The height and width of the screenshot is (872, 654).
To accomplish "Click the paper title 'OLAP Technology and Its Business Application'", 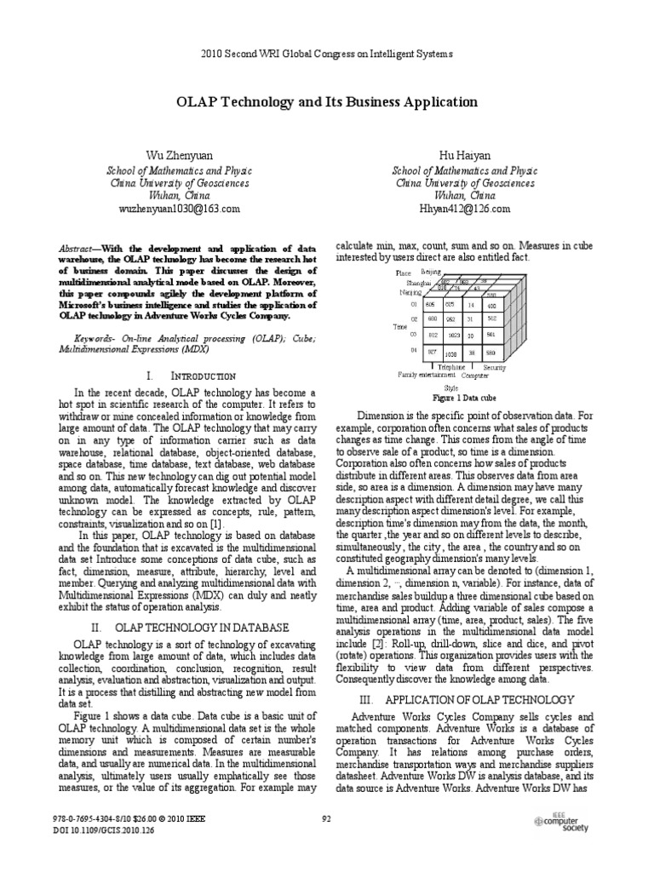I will (x=327, y=102).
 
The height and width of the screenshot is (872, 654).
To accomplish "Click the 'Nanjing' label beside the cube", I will (x=410, y=292).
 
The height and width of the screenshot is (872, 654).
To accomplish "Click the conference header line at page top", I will (x=327, y=53).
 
